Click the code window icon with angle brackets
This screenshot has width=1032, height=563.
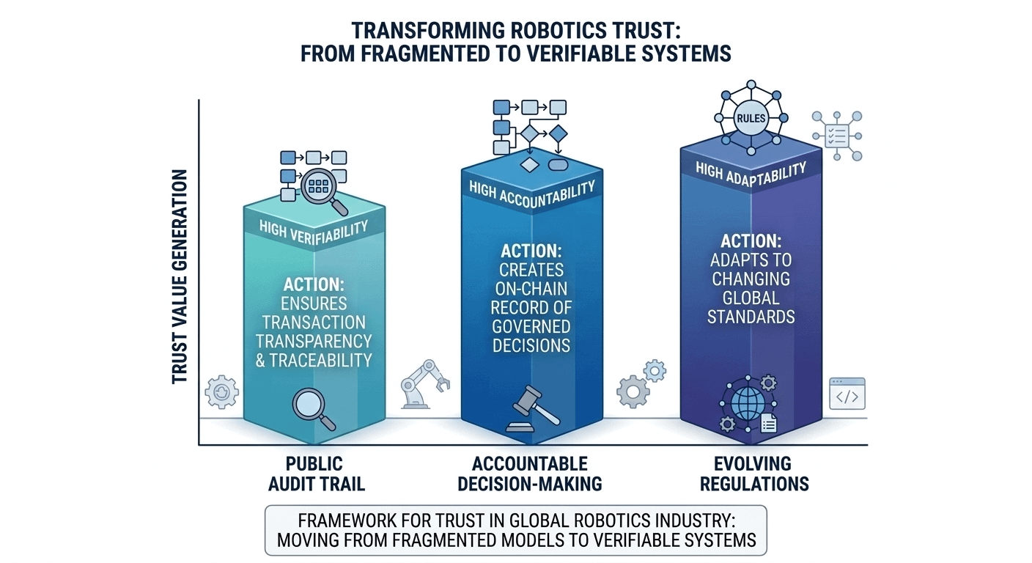(847, 394)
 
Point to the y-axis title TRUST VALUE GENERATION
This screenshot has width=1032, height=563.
(180, 277)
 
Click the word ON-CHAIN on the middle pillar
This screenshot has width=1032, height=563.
(531, 288)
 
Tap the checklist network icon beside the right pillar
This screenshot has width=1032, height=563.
(837, 136)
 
